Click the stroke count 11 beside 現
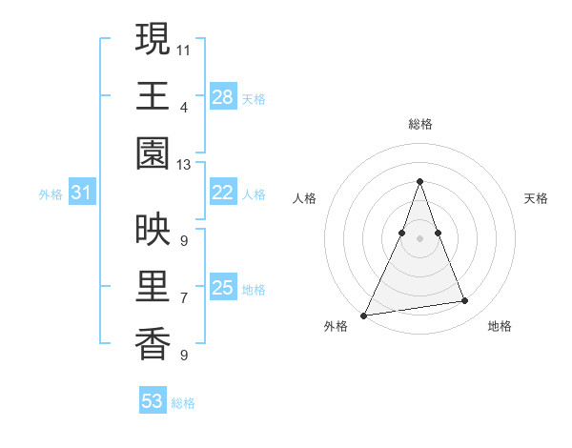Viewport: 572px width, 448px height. click(184, 49)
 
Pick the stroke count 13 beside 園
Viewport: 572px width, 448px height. click(184, 165)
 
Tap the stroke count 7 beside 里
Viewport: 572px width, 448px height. click(184, 298)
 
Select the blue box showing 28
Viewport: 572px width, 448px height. click(223, 96)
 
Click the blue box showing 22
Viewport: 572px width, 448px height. click(223, 193)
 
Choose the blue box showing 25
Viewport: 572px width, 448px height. click(223, 287)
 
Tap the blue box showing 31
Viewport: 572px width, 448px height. click(82, 193)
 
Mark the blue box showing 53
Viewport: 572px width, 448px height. click(153, 401)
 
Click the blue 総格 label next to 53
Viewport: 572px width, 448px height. click(184, 403)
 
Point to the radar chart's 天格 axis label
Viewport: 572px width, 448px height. click(537, 198)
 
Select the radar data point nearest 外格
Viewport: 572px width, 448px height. click(364, 315)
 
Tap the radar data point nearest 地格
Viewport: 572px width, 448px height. click(465, 301)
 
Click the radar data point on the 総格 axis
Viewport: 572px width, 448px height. click(420, 181)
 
